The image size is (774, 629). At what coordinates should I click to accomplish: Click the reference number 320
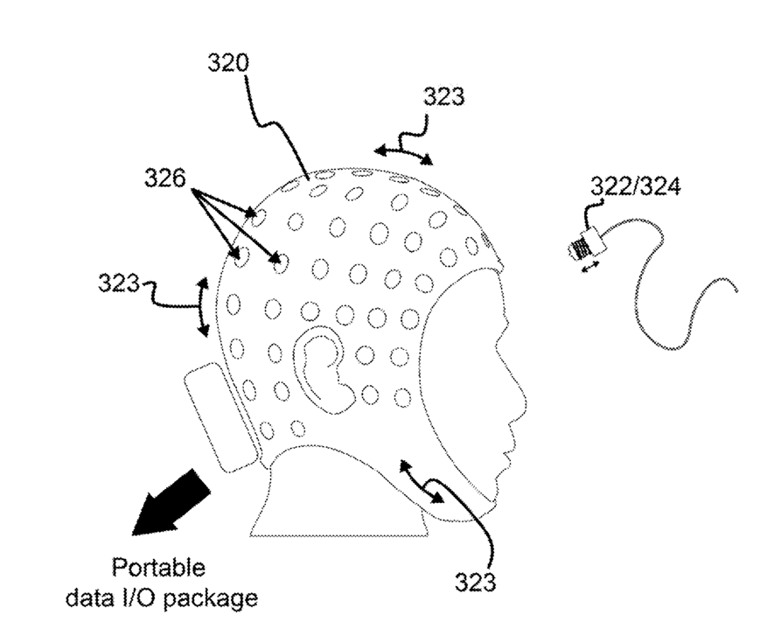[x=228, y=63]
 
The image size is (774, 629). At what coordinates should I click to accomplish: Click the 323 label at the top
[x=444, y=96]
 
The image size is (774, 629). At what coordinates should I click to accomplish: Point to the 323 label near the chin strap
[x=477, y=581]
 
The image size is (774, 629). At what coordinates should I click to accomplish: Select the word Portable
[x=158, y=570]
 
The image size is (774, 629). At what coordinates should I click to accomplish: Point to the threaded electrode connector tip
[x=576, y=250]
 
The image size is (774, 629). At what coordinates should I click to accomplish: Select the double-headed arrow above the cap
[x=403, y=153]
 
